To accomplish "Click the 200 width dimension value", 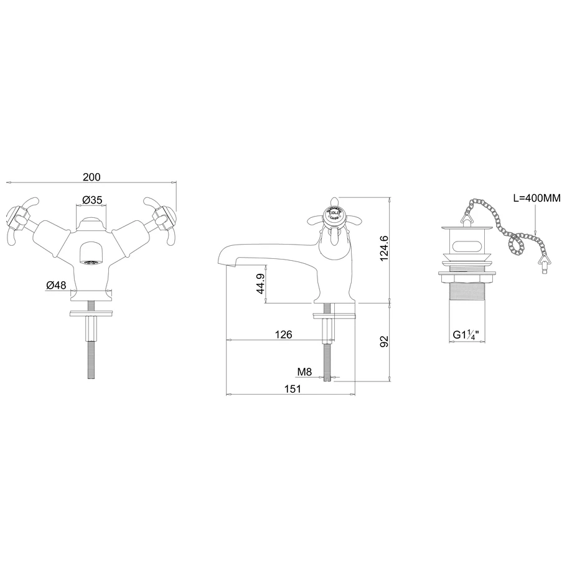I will (91, 177).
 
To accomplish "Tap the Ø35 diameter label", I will (91, 200).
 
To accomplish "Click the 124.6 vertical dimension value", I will (384, 248).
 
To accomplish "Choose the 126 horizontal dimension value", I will (283, 335).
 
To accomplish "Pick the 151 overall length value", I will (293, 389).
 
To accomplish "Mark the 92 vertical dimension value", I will (384, 342).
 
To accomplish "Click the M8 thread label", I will (304, 372).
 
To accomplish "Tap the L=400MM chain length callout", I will (537, 199).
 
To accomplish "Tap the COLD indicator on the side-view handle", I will (334, 213).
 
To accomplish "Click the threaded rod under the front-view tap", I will (92, 355).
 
